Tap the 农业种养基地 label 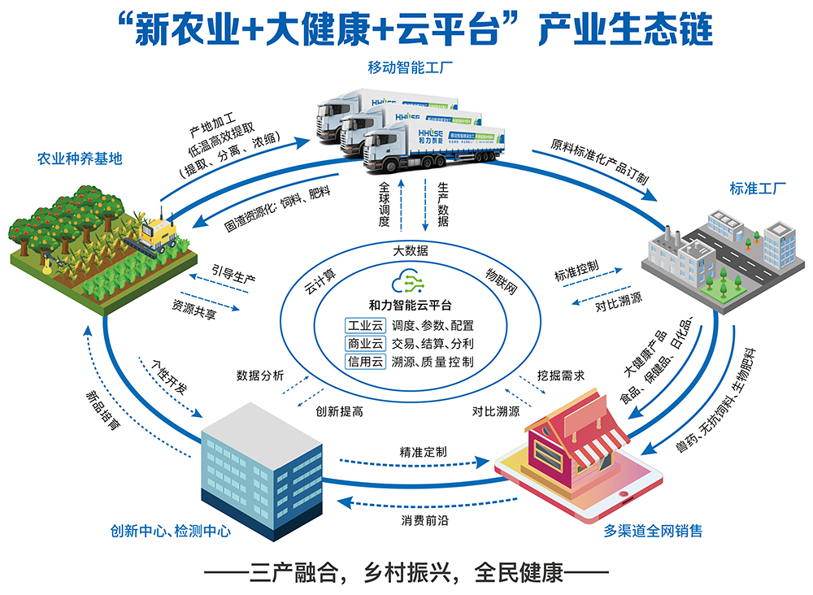pos(80,159)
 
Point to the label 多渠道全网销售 pos(653,532)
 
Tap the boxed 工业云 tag pos(365,325)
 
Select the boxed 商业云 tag pos(365,343)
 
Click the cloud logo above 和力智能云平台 pos(406,283)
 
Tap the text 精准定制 pos(422,451)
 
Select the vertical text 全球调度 pos(385,203)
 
